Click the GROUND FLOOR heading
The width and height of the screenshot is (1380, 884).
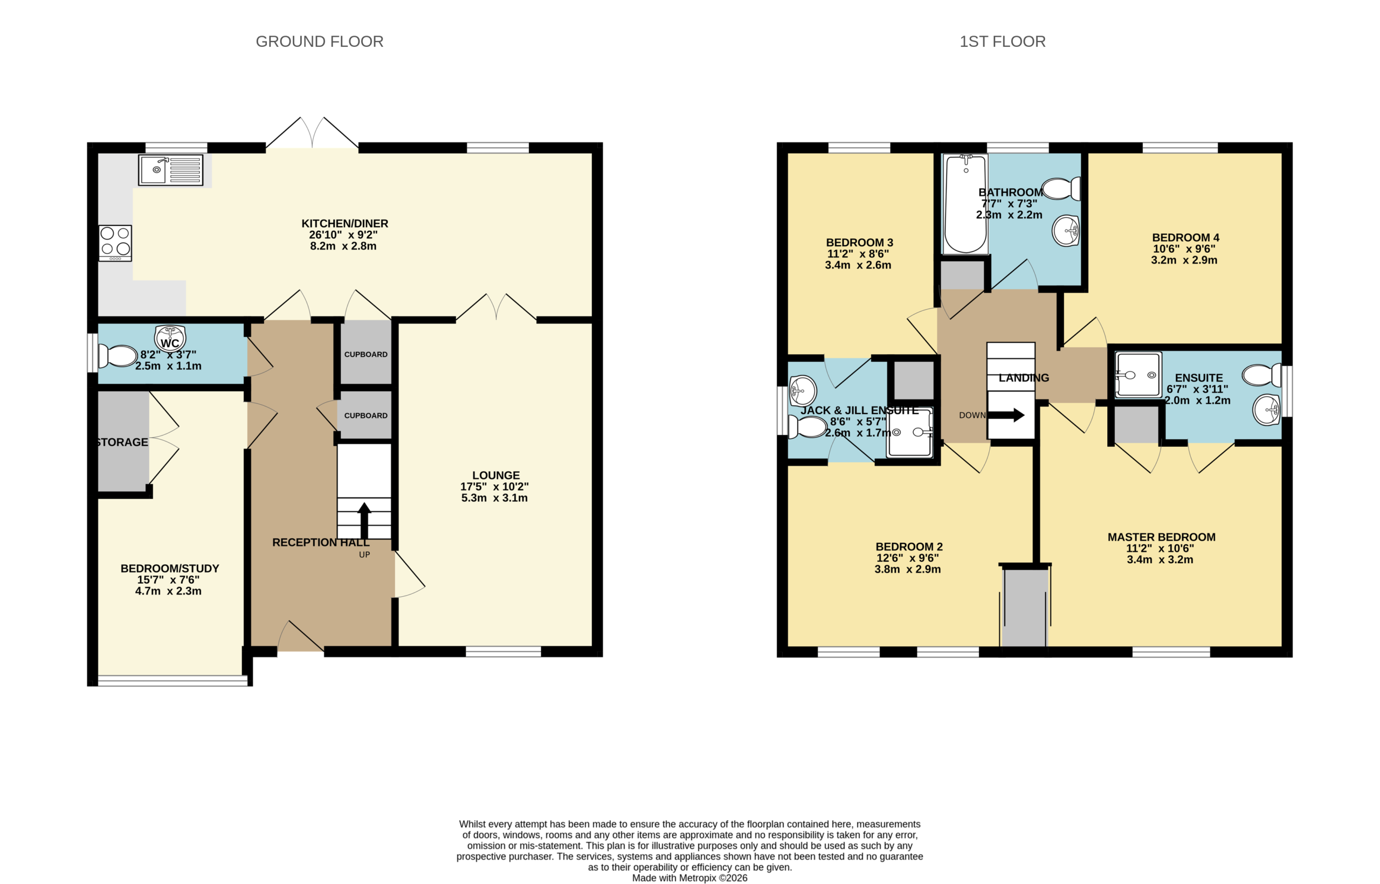click(319, 42)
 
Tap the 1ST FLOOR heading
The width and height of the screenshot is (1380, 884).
click(1002, 42)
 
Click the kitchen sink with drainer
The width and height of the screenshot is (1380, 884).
click(170, 170)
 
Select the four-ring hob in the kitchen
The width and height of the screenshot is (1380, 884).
click(115, 243)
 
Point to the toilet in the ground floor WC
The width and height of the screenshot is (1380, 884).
click(118, 356)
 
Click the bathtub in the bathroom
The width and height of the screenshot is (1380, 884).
click(965, 204)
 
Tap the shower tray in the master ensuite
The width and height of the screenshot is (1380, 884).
click(1138, 375)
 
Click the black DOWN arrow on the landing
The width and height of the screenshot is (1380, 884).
click(1006, 415)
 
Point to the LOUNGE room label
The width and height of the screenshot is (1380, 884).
click(496, 475)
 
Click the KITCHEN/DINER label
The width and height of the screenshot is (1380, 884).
click(345, 223)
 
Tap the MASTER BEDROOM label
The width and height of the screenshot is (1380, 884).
click(1161, 537)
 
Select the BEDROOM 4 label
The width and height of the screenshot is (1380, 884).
click(1185, 238)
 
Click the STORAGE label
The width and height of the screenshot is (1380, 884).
click(122, 442)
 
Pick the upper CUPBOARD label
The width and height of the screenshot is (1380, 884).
click(365, 354)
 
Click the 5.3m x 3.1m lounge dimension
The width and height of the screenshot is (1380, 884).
click(494, 498)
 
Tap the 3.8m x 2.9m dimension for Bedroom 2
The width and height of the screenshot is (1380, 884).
click(908, 569)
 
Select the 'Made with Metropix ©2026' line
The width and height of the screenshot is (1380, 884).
click(689, 878)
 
